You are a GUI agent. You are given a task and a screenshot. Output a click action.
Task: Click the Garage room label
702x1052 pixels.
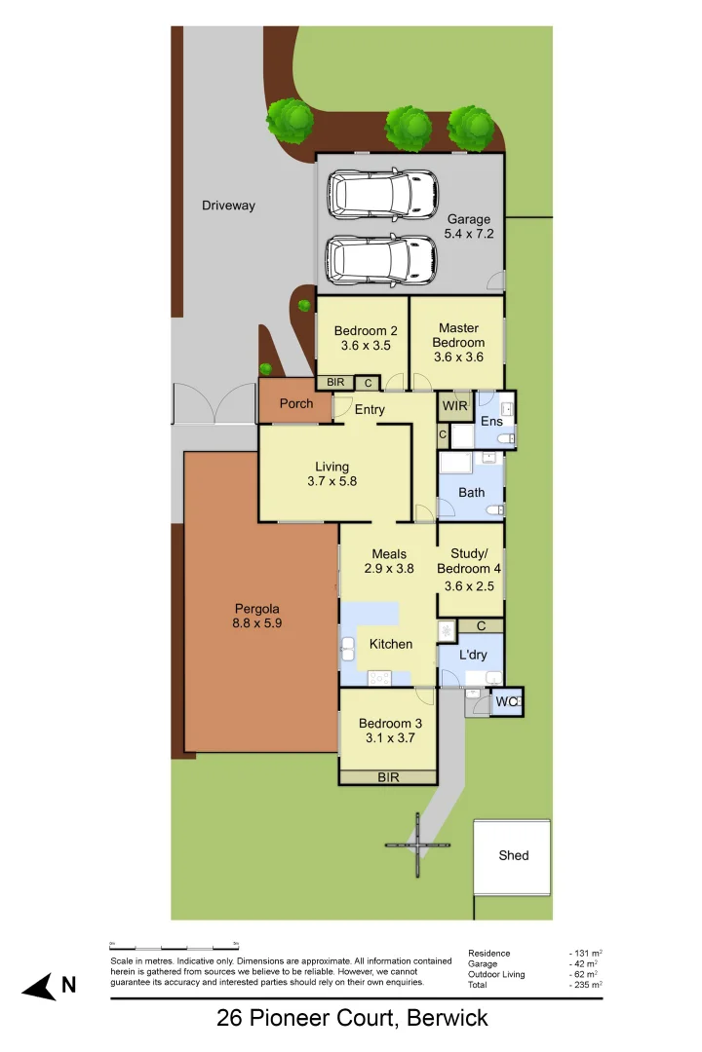pyautogui.click(x=468, y=219)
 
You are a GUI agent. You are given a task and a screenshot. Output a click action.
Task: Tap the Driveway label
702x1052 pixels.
pyautogui.click(x=228, y=206)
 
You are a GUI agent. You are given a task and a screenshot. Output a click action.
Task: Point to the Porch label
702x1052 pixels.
pyautogui.click(x=296, y=403)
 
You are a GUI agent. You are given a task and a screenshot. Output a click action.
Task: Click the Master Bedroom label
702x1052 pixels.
pyautogui.click(x=458, y=335)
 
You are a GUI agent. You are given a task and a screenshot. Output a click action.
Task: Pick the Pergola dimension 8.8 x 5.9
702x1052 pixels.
pyautogui.click(x=257, y=622)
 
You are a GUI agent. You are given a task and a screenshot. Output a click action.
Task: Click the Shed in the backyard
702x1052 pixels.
pyautogui.click(x=513, y=855)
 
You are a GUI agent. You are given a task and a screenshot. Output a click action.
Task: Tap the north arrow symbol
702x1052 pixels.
pyautogui.click(x=40, y=988)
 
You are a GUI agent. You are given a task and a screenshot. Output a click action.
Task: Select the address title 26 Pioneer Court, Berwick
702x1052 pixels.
pyautogui.click(x=351, y=1019)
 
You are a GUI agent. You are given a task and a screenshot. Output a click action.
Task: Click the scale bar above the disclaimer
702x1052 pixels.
pyautogui.click(x=175, y=946)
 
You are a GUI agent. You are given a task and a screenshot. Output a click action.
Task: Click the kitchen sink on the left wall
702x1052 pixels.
pyautogui.click(x=347, y=648)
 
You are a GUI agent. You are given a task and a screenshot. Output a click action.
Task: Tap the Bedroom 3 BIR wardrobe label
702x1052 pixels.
pyautogui.click(x=388, y=776)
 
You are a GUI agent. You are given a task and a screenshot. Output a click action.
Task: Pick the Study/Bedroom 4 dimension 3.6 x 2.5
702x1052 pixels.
pyautogui.click(x=470, y=586)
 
